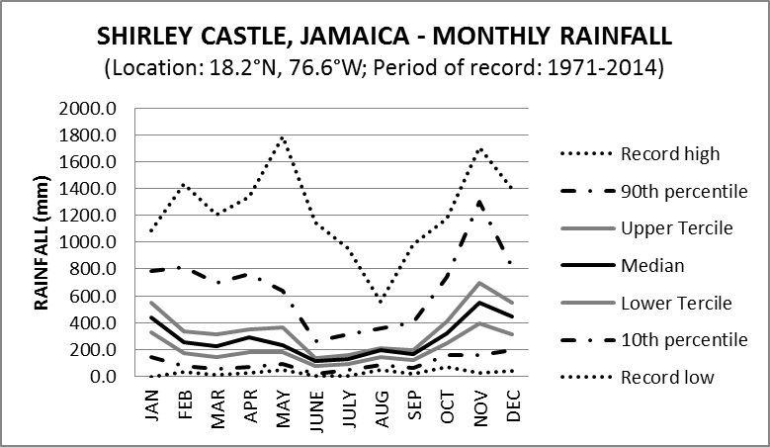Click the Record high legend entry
coord(670,153)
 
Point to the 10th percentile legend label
coord(683,339)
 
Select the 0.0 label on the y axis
coord(103,377)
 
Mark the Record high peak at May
coord(285,137)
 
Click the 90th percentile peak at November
coord(480,202)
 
